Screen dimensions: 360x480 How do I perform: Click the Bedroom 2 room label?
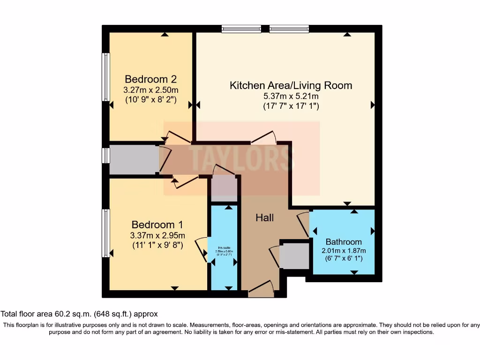coord(150,79)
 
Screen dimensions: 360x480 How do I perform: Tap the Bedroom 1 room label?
coord(157,225)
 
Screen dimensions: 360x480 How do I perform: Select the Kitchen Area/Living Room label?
coord(291,85)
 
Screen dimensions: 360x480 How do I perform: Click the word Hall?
coord(264,217)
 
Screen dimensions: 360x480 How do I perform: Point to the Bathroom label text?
coord(344,242)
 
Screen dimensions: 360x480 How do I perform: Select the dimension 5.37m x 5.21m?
coord(291,96)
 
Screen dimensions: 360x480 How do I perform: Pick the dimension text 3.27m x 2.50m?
coord(150,90)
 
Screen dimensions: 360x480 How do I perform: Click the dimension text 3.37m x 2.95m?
coord(157,235)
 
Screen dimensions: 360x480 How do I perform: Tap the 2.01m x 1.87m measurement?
coord(344,250)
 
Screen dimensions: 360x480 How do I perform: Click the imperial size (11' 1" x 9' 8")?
coord(157,245)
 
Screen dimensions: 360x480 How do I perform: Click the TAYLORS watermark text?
coord(241,157)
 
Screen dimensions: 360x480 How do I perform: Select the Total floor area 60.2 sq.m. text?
coord(79,314)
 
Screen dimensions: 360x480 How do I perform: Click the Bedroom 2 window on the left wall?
coord(106,77)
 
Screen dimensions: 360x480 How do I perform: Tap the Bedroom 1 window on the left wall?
coord(106,233)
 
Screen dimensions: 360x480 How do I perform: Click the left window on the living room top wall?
coord(241,29)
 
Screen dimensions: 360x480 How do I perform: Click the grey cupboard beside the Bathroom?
coord(294,256)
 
